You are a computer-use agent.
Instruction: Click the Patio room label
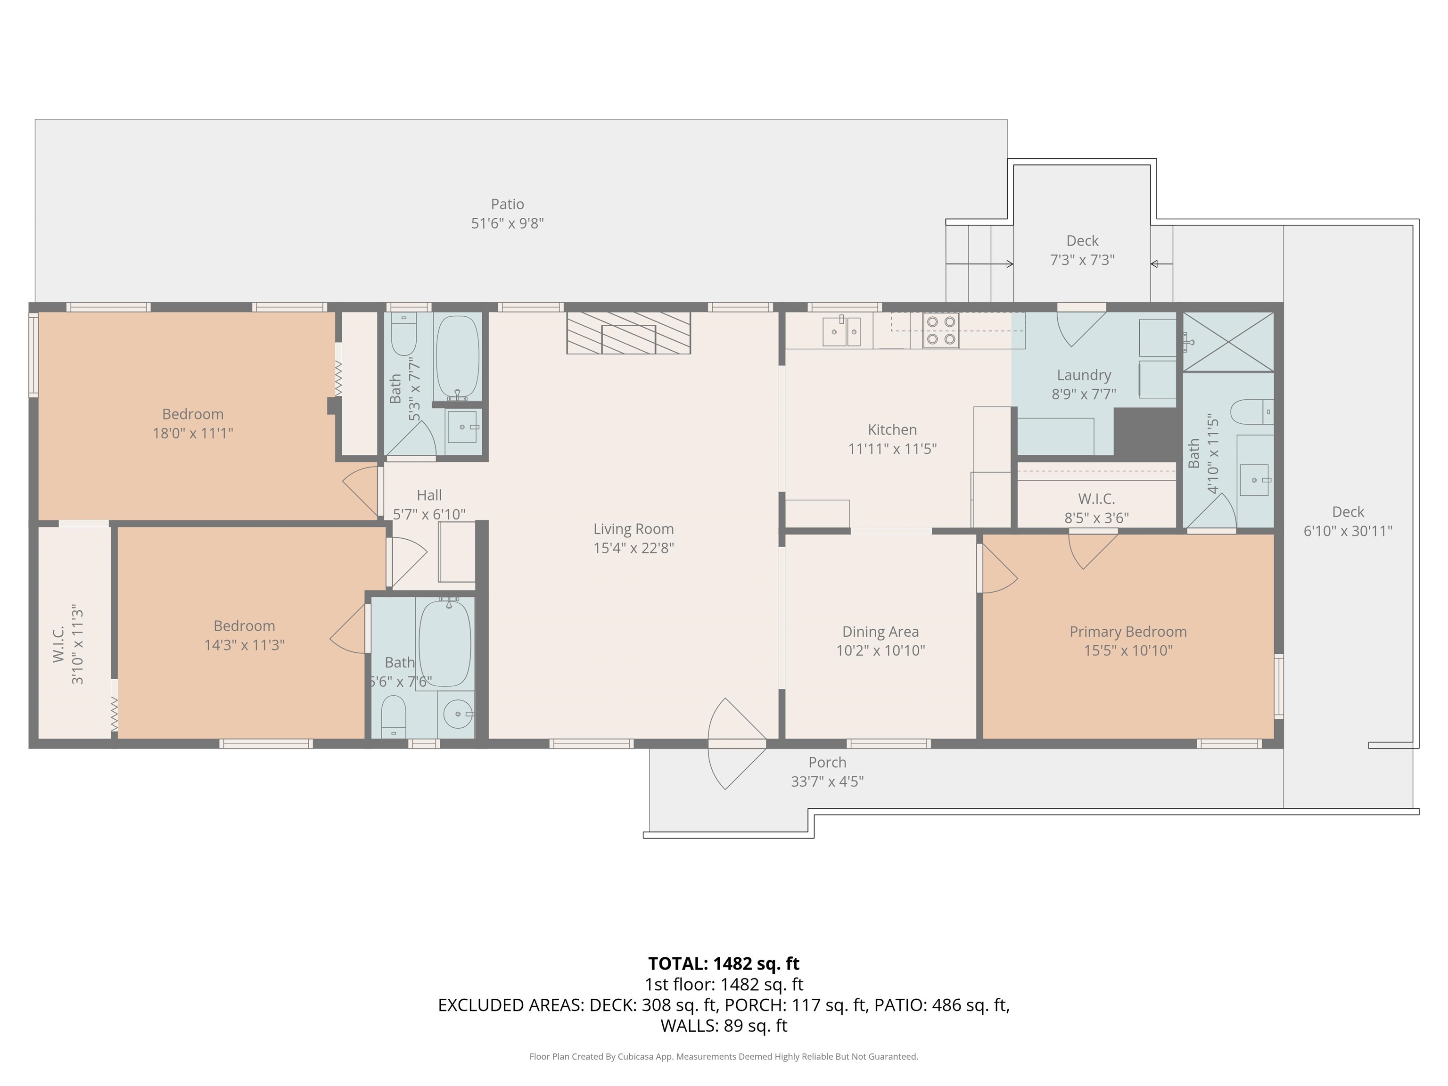[507, 204]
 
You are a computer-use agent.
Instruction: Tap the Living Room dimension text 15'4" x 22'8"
[633, 548]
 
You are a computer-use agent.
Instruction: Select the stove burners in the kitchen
[941, 330]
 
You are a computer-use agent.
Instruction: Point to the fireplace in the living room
[628, 333]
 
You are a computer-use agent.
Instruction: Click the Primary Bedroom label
[1128, 632]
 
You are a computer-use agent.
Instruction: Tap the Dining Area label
[880, 632]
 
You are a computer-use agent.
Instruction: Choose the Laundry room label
[1084, 375]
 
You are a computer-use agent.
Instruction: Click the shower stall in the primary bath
[1228, 342]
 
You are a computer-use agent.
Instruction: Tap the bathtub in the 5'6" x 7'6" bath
[444, 643]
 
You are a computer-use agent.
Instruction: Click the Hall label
[429, 495]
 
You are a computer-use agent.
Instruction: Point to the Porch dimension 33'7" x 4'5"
[827, 782]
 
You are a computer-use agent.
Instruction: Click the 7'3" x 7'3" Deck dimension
[1083, 260]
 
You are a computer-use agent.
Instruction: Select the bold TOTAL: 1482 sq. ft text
[724, 963]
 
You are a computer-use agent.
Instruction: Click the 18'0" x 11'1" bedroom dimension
[193, 433]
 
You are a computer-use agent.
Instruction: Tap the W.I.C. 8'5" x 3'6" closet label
[1096, 509]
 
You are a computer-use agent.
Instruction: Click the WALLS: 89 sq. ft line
[724, 1026]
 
